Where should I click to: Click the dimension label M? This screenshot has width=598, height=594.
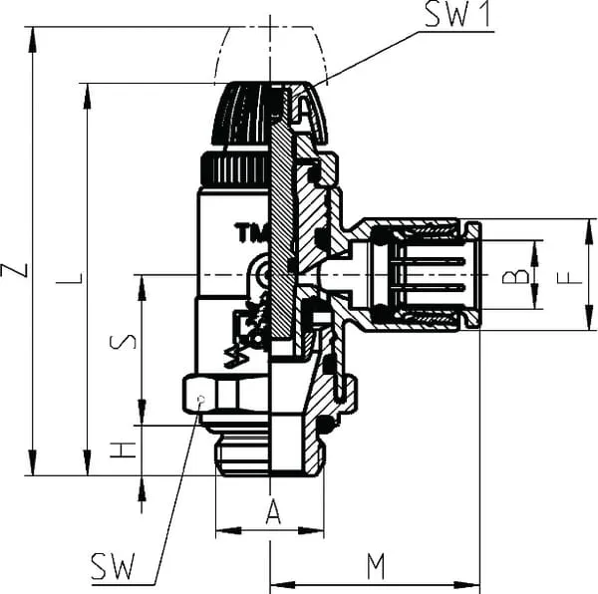tap(375, 566)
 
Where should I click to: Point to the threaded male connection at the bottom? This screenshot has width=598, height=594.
tap(244, 448)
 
